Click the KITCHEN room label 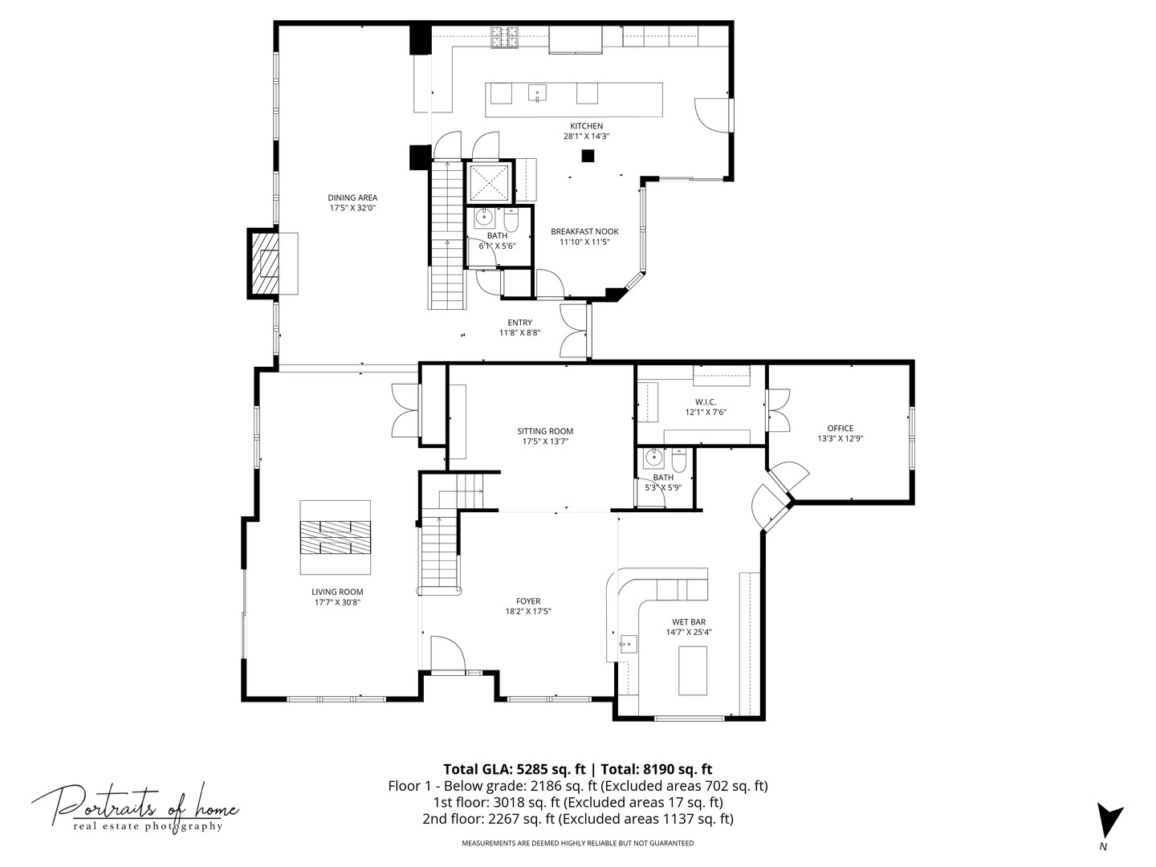tap(586, 126)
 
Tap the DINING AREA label tap(352, 197)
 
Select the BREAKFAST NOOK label tap(584, 231)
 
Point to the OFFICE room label tap(840, 428)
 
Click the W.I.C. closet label tap(705, 401)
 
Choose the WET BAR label tap(688, 621)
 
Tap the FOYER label tap(527, 600)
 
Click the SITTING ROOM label tap(545, 431)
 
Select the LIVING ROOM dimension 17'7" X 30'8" tap(337, 602)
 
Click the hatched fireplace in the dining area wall tap(264, 263)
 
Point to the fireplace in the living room tap(336, 537)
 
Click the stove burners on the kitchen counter tap(505, 36)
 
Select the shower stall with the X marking tap(488, 182)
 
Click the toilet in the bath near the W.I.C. tap(678, 461)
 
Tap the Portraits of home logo tap(135, 807)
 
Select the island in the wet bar tap(692, 670)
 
